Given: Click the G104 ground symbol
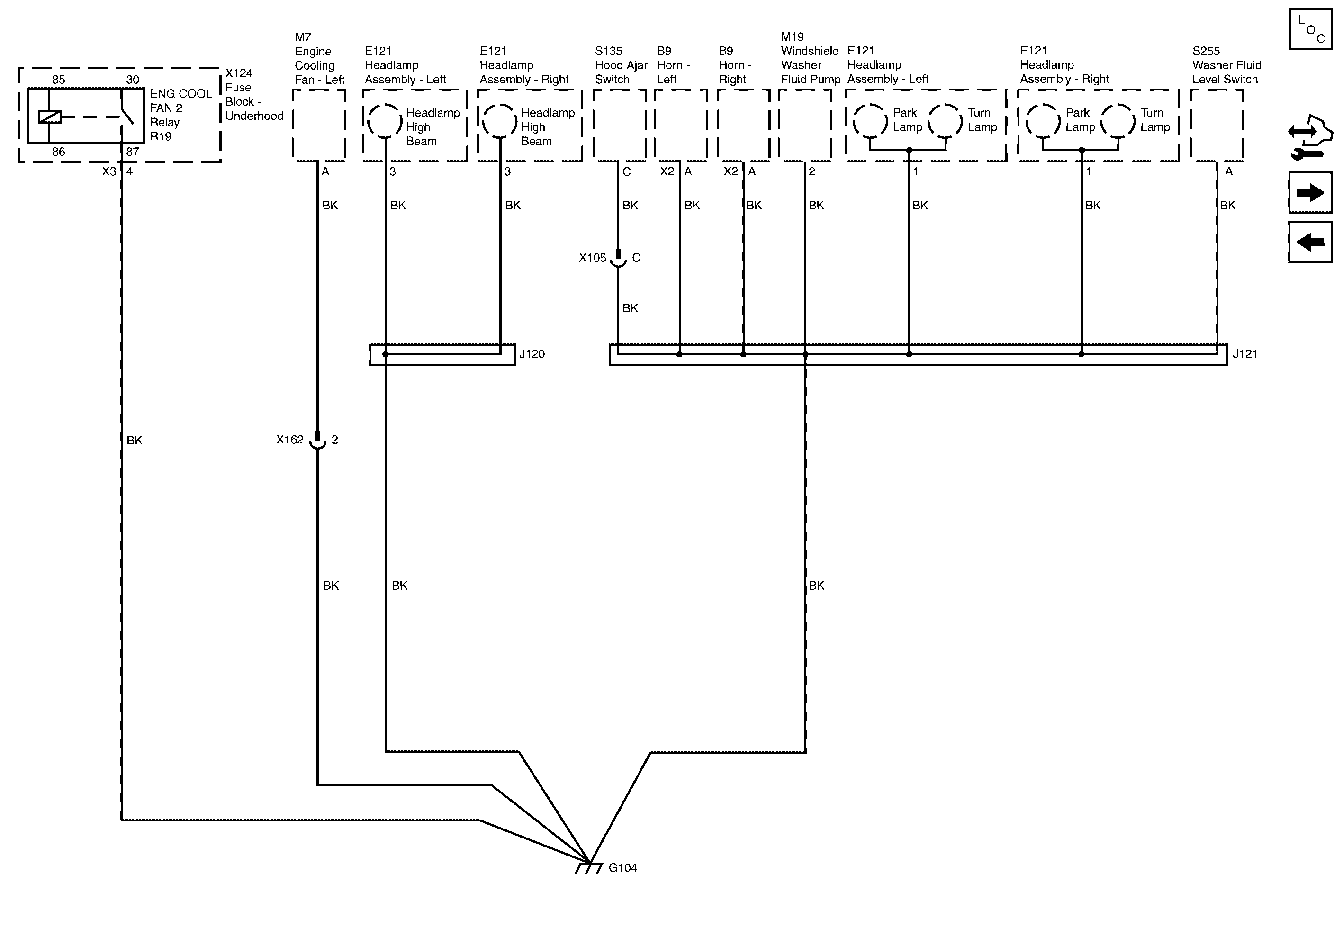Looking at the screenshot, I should coord(588,868).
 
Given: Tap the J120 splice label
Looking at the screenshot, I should coord(532,354).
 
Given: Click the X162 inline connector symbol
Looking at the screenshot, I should coord(317,440).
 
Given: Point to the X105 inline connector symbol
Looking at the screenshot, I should coord(618,258).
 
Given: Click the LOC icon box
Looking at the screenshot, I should coord(1310,29).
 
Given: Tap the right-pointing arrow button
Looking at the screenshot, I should coord(1310,192).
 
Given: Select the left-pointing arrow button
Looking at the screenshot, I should coord(1310,241).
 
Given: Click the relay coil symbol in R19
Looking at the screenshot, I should coord(50,117).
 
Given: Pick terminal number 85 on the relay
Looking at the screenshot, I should coord(58,80).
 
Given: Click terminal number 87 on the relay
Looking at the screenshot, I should coord(133,152).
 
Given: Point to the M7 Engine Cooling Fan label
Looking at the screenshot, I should coord(319,59).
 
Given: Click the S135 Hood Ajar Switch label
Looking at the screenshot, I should coord(621,65).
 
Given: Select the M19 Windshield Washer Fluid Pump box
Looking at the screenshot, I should coord(805,125).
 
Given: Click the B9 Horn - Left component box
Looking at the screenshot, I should coord(681,125).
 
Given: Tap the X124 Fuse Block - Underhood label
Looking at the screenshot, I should coord(254,94).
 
